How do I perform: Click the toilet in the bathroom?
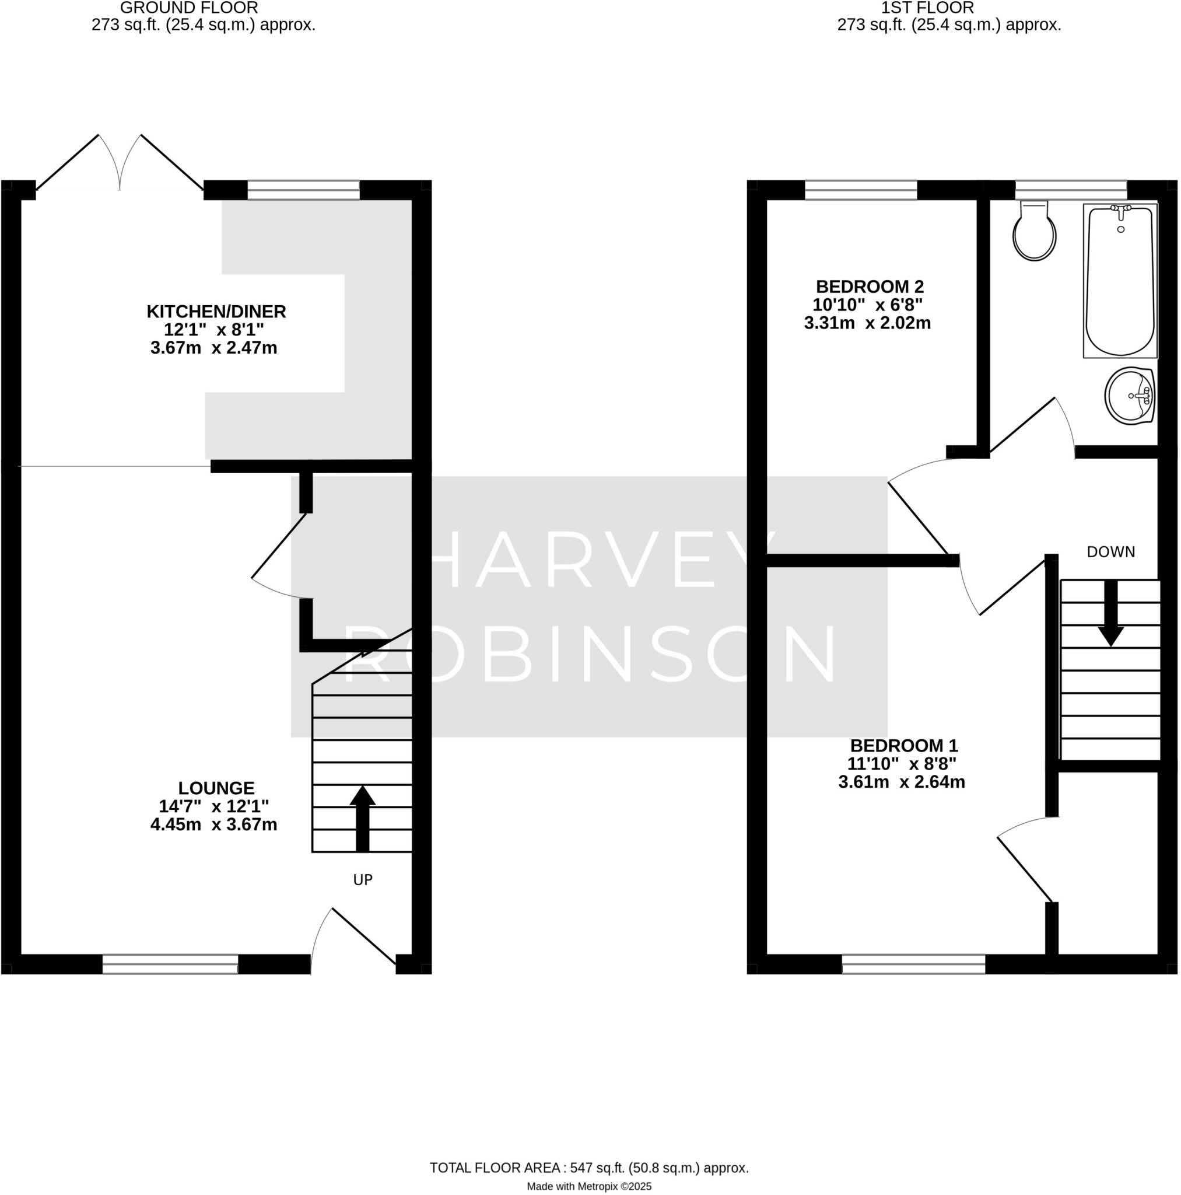1034,233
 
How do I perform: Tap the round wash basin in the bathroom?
1130,396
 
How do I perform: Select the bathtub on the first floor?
1120,281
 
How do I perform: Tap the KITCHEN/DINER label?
216,312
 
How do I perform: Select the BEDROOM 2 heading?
870,287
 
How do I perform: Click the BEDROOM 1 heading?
903,746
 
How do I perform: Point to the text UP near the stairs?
362,880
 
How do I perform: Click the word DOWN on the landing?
1110,553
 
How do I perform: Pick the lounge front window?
170,965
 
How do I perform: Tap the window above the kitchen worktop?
303,190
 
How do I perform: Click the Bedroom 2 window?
860,190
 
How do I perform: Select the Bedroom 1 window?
913,965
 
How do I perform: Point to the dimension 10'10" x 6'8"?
867,305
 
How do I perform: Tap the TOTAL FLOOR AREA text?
588,1168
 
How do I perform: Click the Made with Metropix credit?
588,1186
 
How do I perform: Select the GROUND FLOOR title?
188,8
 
